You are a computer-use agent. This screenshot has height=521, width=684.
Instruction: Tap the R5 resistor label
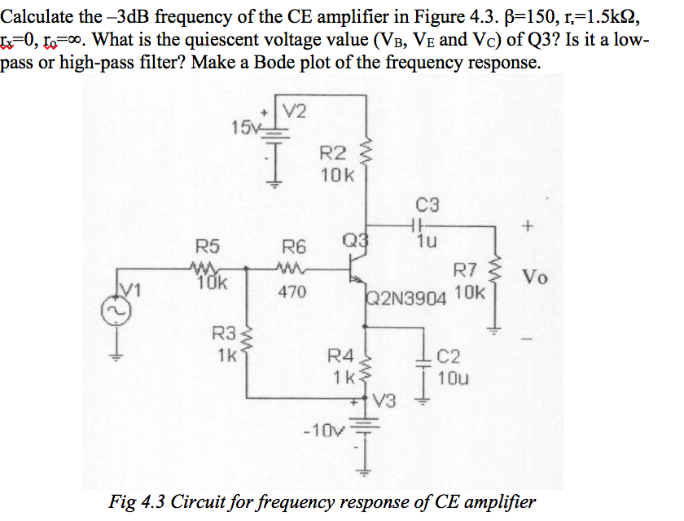[208, 244]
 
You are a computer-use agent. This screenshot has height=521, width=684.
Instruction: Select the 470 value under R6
[292, 291]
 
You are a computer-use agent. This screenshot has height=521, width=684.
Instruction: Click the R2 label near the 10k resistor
[331, 152]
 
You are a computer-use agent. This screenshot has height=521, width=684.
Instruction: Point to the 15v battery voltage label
[244, 126]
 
